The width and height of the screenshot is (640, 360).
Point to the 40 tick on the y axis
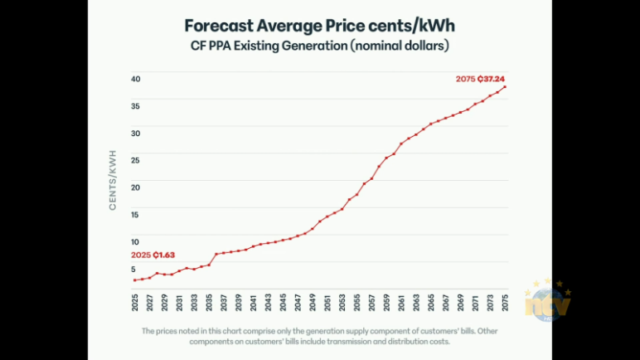[134, 79]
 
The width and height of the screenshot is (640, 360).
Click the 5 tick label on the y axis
[133, 269]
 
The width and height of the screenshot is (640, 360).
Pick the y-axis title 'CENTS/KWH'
[113, 180]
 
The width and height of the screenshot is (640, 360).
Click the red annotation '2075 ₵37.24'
[481, 79]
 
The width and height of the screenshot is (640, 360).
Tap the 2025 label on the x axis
[135, 303]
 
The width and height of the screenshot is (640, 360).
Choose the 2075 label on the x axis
[505, 303]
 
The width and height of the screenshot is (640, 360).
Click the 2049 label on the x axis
[313, 303]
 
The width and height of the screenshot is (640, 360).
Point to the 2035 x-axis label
[209, 303]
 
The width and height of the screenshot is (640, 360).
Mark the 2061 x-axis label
[401, 303]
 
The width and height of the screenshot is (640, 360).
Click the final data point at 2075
[505, 87]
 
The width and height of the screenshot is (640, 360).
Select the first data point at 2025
[135, 280]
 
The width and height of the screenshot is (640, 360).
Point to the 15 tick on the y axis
[134, 215]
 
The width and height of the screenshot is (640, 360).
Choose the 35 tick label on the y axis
[134, 106]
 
